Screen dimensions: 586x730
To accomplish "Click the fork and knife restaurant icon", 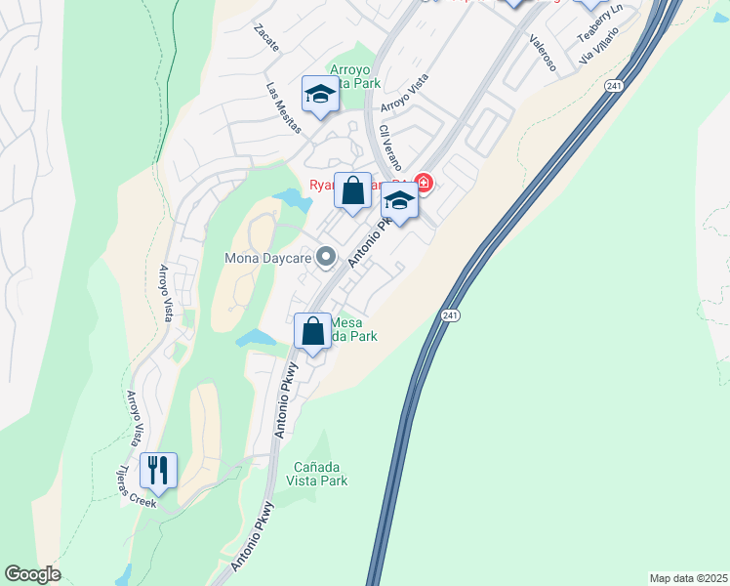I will pyautogui.click(x=157, y=470).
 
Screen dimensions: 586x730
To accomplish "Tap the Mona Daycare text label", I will pyautogui.click(x=265, y=259).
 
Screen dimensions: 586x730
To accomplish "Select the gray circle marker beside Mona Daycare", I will pyautogui.click(x=327, y=258).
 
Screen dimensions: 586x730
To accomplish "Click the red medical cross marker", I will pyautogui.click(x=423, y=182).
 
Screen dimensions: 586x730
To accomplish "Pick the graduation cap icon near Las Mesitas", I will pyautogui.click(x=319, y=94).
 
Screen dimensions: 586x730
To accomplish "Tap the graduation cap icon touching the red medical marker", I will pyautogui.click(x=398, y=200).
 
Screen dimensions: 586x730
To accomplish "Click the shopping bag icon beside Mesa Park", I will pyautogui.click(x=312, y=331).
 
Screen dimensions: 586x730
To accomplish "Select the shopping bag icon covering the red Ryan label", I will pyautogui.click(x=352, y=189).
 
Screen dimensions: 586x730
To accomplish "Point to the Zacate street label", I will pyautogui.click(x=265, y=38).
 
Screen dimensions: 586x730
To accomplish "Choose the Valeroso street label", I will pyautogui.click(x=543, y=53).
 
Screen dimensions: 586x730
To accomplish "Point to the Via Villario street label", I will pyautogui.click(x=600, y=46).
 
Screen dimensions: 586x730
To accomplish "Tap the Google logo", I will pyautogui.click(x=32, y=574).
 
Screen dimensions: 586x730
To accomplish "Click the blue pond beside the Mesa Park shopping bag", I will pyautogui.click(x=256, y=338).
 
